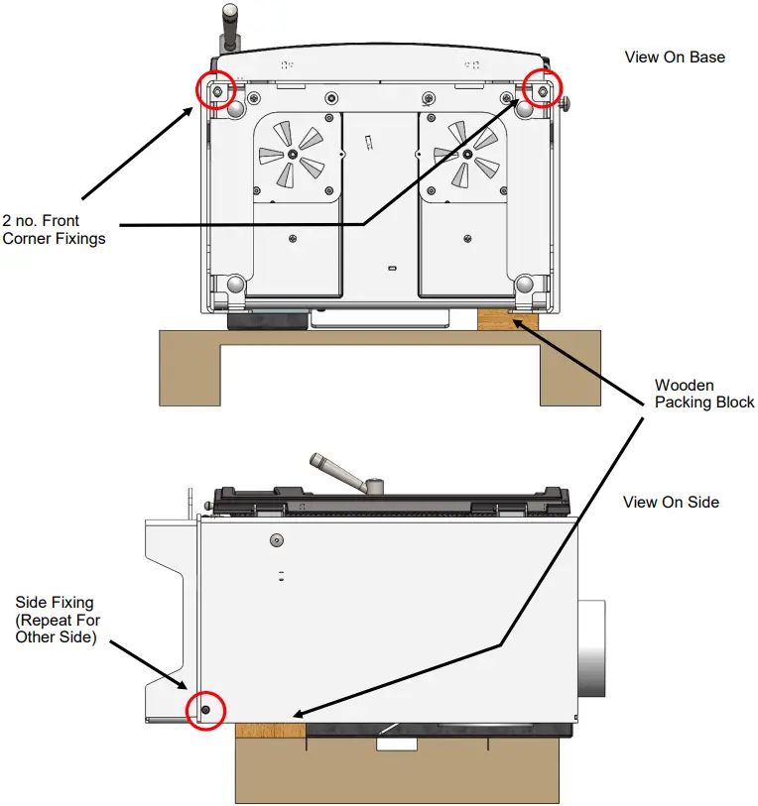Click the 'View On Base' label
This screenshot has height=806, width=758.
click(x=675, y=57)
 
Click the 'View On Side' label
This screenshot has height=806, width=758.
click(x=671, y=502)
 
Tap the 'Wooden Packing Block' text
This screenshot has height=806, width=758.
click(x=704, y=394)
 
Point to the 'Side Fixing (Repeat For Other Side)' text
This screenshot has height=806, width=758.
click(x=58, y=620)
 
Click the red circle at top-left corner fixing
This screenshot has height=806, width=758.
click(x=217, y=91)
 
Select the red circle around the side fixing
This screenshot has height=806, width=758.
click(x=205, y=710)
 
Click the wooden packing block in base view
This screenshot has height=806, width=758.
click(x=507, y=319)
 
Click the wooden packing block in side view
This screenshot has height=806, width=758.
click(x=270, y=731)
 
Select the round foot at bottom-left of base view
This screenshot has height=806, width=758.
click(x=234, y=286)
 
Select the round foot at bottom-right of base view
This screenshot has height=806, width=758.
click(x=526, y=286)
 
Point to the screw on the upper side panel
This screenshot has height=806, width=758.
click(x=276, y=540)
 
